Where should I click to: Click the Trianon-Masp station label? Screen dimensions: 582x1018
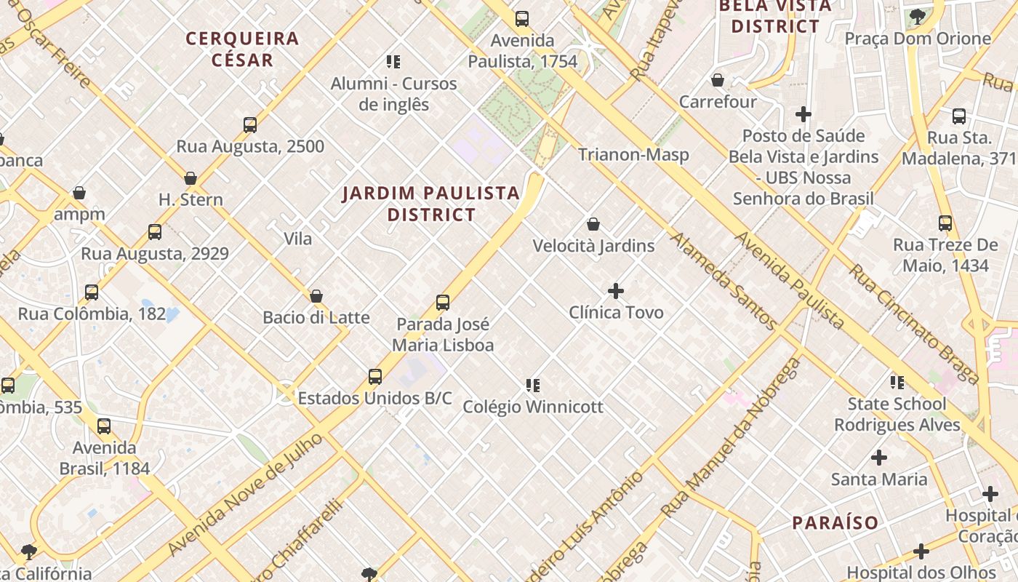point(633,154)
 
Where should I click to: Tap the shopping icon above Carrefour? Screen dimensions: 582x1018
point(718,80)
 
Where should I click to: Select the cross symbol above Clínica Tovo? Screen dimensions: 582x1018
point(616,291)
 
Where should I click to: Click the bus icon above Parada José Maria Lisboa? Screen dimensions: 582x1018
point(443,303)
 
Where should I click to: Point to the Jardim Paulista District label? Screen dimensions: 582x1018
point(431,204)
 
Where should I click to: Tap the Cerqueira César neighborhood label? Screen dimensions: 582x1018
point(242,49)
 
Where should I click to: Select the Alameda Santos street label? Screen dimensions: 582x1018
point(723,281)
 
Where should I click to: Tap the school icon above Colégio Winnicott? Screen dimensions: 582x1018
point(533,385)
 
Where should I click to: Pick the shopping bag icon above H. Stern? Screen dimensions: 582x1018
point(191,178)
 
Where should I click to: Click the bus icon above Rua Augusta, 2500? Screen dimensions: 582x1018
point(250,125)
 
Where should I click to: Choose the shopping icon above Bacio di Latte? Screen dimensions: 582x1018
point(316,296)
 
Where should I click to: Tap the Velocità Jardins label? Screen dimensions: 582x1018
point(593,246)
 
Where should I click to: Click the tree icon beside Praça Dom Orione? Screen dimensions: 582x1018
point(918,16)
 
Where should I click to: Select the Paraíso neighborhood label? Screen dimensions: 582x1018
point(835,522)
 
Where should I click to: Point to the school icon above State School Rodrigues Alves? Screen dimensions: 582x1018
point(897,382)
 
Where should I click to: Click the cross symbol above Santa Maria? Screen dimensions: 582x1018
point(879,458)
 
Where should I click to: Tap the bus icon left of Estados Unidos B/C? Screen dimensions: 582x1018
point(375,377)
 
